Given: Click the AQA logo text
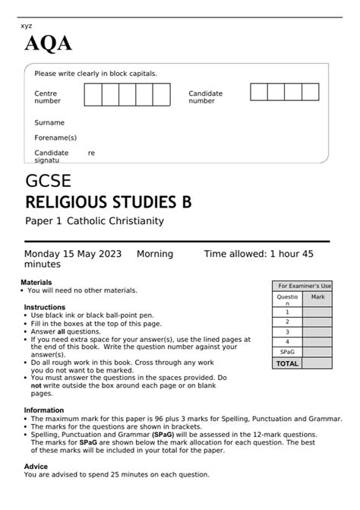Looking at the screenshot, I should click(x=49, y=45).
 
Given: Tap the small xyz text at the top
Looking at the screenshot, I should click(x=27, y=26).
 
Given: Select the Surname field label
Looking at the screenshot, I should click(x=49, y=122).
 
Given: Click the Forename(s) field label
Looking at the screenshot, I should click(x=55, y=138).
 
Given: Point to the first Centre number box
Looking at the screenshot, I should click(x=93, y=95).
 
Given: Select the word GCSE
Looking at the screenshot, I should click(x=49, y=182).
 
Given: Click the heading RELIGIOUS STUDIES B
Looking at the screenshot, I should click(x=109, y=202).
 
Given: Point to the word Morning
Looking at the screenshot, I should click(x=154, y=254).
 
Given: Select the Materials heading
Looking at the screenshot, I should click(x=36, y=282).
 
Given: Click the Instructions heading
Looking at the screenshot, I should click(x=44, y=307).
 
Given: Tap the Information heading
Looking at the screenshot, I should click(x=43, y=410).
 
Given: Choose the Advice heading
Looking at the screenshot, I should click(x=36, y=466).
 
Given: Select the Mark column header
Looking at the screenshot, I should click(x=317, y=296).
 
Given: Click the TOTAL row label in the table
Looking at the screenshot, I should click(x=287, y=363).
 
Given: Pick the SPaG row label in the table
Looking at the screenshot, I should click(x=287, y=353).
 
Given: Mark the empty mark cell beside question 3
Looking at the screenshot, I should click(x=317, y=331).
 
